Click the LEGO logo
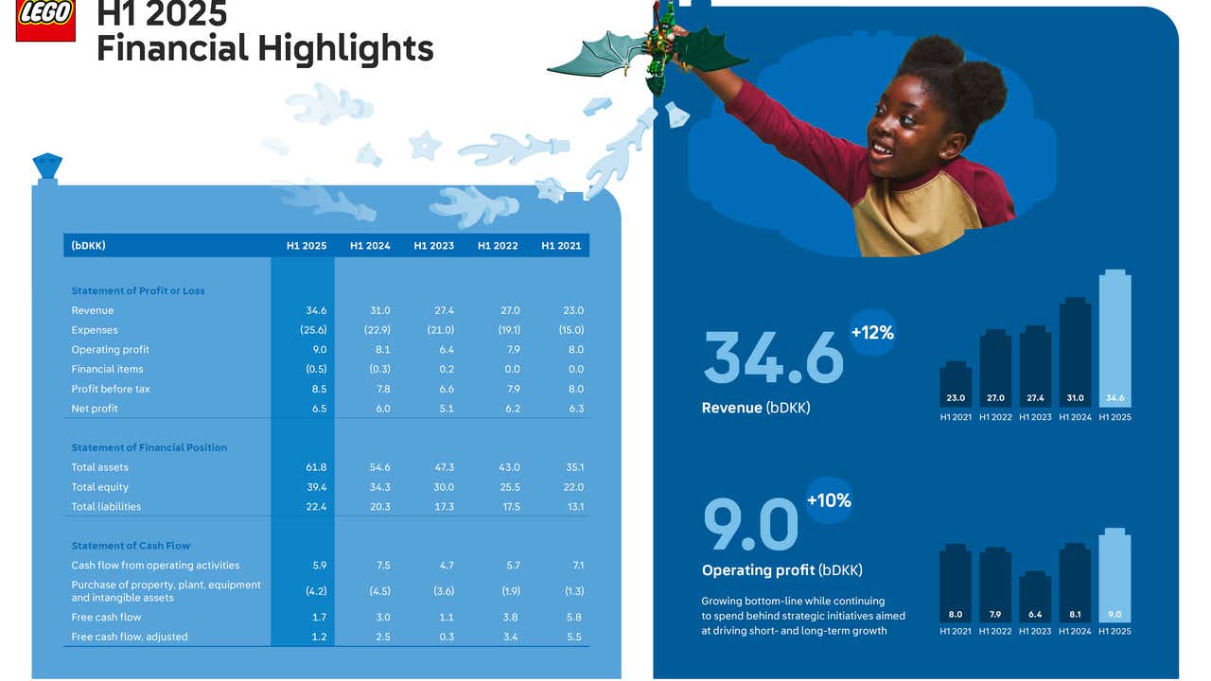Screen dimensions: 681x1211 pos(44,20)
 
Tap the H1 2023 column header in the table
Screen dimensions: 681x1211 pos(433,246)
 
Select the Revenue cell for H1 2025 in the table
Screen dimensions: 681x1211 pos(316,310)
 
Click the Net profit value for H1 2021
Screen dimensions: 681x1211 pos(573,409)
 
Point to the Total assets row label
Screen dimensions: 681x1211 pos(99,467)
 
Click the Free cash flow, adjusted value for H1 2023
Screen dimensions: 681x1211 pos(445,637)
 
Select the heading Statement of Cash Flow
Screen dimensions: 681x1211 pos(131,546)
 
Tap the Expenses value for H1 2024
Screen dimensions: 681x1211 pos(377,330)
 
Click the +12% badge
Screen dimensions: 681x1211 pos(872,333)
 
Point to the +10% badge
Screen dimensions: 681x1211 pos(829,500)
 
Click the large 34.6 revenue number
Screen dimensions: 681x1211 pos(773,358)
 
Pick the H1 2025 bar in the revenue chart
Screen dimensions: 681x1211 pos(1114,340)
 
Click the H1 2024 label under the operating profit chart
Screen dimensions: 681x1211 pos(1075,631)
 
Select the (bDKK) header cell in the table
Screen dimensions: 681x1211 pos(88,246)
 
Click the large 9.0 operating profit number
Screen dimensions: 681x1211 pos(751,526)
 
